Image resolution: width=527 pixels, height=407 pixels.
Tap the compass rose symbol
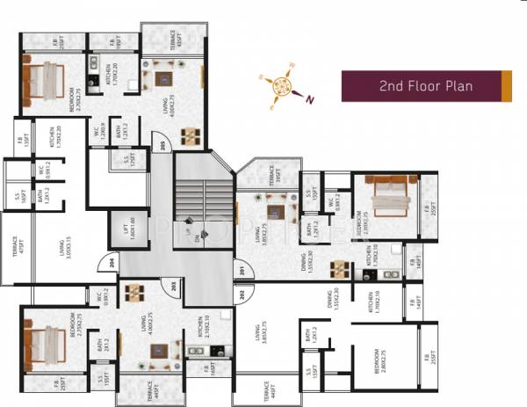click(283, 85)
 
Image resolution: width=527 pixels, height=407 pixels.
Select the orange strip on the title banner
click(506, 86)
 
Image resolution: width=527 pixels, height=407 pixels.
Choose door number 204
click(112, 261)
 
